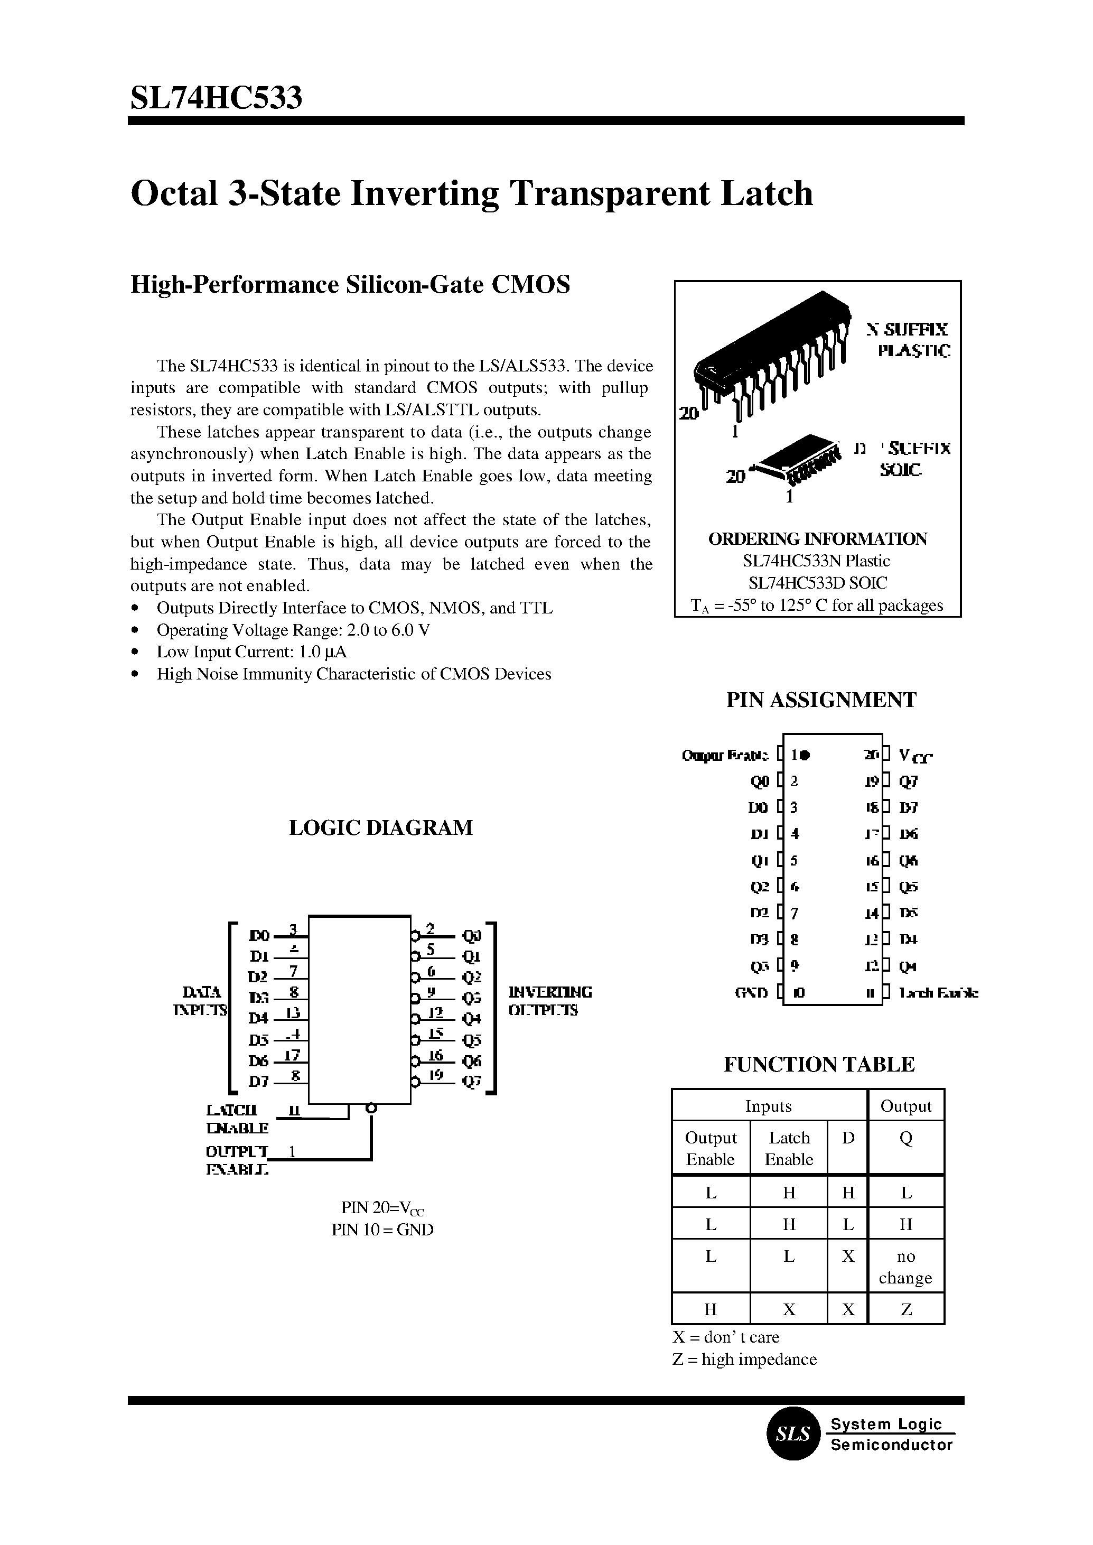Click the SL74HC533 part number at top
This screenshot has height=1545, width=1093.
pos(216,98)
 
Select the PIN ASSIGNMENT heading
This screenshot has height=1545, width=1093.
pos(820,700)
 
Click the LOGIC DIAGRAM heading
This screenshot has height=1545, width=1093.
pos(380,827)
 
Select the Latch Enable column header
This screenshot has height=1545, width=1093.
pos(789,1148)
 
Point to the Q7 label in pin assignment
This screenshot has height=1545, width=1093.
pos(909,781)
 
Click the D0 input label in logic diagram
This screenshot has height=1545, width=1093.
pos(258,935)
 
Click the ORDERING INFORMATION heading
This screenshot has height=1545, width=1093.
pos(817,539)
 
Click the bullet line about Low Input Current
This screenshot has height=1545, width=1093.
pos(251,651)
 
